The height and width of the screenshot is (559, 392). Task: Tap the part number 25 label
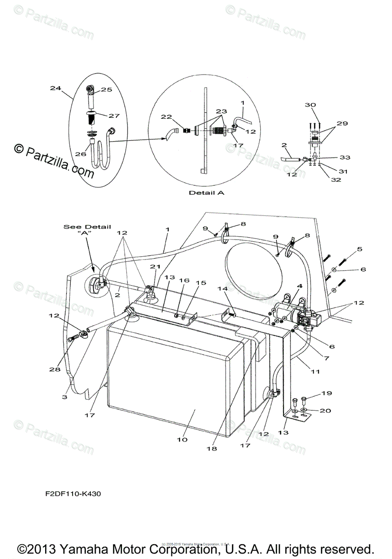(107, 90)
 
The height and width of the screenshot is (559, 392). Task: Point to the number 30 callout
(310, 105)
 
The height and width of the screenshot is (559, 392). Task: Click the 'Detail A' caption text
(206, 192)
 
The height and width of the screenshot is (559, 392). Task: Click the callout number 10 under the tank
(182, 439)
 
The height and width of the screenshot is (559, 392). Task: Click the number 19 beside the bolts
(326, 393)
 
